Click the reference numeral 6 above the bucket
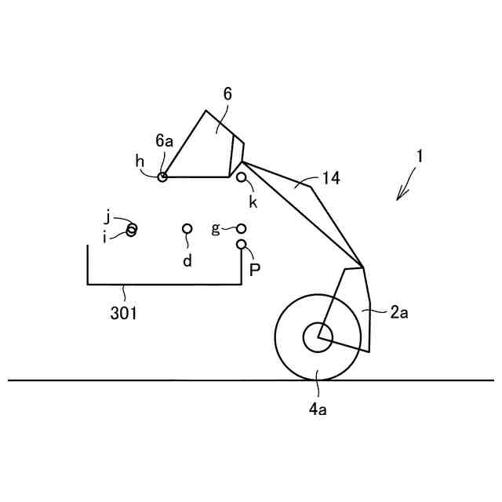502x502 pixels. pyautogui.click(x=227, y=94)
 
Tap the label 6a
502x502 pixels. pyautogui.click(x=164, y=141)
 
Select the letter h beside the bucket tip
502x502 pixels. pyautogui.click(x=140, y=161)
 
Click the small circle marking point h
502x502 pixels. pyautogui.click(x=162, y=177)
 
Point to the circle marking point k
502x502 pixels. pyautogui.click(x=242, y=178)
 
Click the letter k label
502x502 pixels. pyautogui.click(x=253, y=201)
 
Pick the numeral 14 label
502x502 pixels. pyautogui.click(x=330, y=179)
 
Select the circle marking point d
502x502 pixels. pyautogui.click(x=187, y=228)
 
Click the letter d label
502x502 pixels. pyautogui.click(x=187, y=260)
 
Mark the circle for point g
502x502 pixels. pyautogui.click(x=242, y=228)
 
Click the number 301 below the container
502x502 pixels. pyautogui.click(x=124, y=314)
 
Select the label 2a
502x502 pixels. pyautogui.click(x=398, y=312)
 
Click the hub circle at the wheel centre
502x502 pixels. pyautogui.click(x=318, y=337)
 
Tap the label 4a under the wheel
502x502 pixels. pyautogui.click(x=318, y=408)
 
